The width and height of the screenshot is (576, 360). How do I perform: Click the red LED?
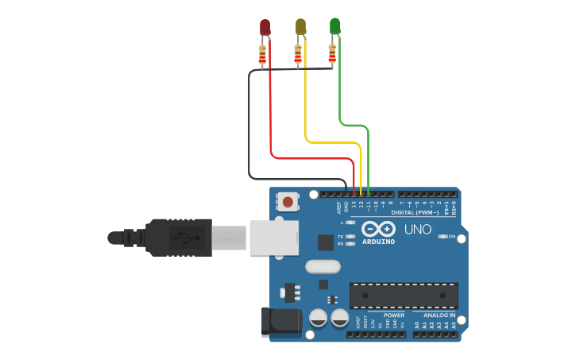coord(265,27)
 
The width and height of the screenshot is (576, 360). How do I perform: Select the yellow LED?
coord(300,26)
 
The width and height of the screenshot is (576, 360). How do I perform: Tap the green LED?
coord(335,26)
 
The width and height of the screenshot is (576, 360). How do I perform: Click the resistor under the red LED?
coord(263,55)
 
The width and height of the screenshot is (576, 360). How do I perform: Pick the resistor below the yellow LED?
coord(298,55)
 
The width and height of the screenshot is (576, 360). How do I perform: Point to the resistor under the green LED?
coord(332,55)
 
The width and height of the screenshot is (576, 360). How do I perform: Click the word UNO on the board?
coord(418,230)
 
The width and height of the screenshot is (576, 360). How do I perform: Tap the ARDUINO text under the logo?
coord(378,242)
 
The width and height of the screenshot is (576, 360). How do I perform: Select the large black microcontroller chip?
coord(404,295)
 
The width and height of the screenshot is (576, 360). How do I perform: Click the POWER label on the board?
coord(393,315)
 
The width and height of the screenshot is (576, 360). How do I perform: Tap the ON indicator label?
coord(451,237)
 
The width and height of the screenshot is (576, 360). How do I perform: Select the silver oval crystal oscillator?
coord(323,266)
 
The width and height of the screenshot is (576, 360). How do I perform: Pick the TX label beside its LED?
coord(341,237)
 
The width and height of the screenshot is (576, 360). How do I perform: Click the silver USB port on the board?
coord(274,237)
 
